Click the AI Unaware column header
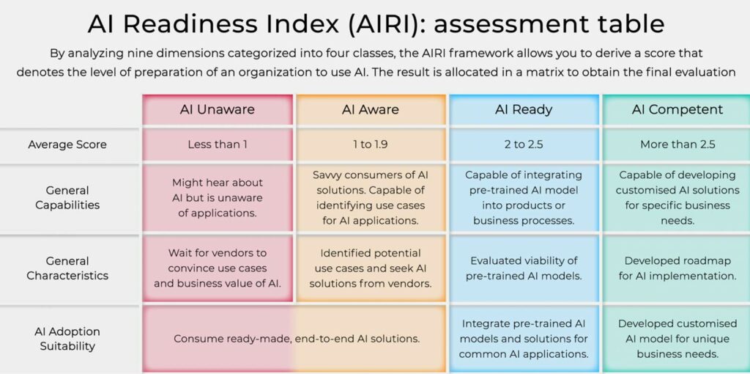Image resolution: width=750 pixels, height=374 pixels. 218,110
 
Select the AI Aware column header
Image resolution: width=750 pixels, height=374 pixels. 371,110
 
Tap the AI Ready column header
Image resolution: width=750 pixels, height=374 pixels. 523,110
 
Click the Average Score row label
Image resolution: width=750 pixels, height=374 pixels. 67,144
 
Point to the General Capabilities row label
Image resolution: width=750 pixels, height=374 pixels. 67,198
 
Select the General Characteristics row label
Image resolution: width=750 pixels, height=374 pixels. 67,268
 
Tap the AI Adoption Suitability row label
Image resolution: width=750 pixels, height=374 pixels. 67,339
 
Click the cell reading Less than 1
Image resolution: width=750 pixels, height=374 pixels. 218,144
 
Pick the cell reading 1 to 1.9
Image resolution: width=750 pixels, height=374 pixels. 371,144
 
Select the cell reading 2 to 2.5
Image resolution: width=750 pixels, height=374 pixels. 523,144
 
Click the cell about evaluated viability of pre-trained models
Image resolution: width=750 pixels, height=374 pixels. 523,268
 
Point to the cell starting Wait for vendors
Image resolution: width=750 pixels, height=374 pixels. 218,268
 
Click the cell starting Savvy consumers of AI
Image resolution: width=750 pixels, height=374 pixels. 371,198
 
